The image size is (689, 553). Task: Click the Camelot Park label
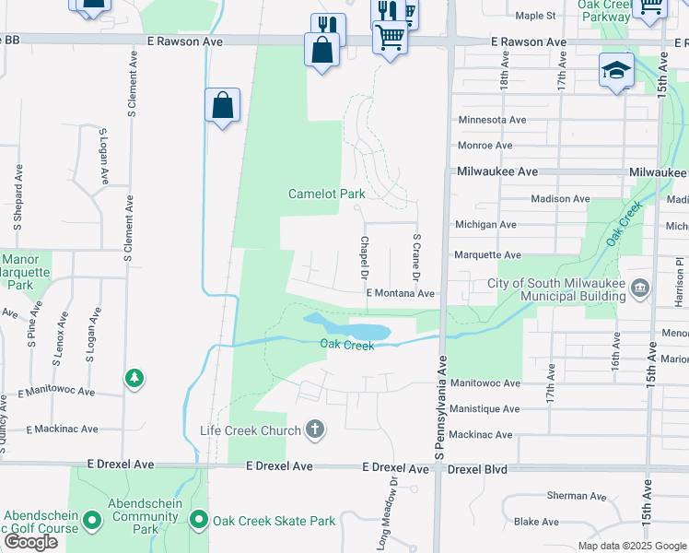point(326,194)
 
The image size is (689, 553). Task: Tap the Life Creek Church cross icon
point(315,429)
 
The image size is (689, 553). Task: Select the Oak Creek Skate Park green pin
point(199,521)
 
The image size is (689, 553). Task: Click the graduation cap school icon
point(616,70)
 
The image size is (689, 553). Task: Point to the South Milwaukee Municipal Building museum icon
point(639,289)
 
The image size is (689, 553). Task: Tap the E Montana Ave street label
point(400,293)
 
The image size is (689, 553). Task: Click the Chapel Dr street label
point(364,259)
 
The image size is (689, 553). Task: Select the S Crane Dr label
point(416,257)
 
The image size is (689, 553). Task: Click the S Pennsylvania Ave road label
point(440,406)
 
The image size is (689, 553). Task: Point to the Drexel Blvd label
point(477,469)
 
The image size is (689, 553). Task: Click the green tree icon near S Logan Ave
point(134,378)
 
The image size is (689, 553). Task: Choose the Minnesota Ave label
point(492,120)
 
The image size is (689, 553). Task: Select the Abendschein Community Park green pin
point(91,521)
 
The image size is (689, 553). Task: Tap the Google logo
point(30,542)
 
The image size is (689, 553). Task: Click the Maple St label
point(535,16)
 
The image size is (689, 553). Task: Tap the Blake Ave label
point(537,521)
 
